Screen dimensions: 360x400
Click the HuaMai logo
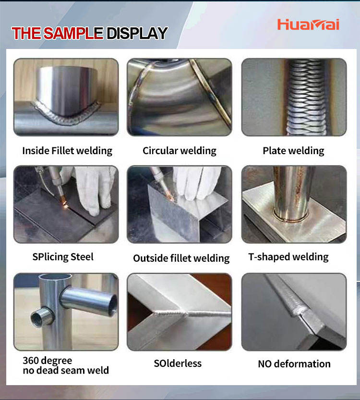(308, 24)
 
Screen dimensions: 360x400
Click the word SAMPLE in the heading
(73, 33)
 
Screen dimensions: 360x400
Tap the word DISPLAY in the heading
(137, 33)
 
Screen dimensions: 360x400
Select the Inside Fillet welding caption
(67, 150)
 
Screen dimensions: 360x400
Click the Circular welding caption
(180, 150)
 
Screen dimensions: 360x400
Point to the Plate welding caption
(293, 150)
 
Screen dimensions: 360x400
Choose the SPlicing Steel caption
(63, 256)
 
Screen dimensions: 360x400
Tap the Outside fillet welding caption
(181, 258)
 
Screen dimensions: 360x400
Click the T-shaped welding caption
(288, 256)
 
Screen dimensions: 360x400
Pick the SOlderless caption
(178, 363)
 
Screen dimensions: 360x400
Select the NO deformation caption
(294, 364)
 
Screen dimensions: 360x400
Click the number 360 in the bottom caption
(31, 361)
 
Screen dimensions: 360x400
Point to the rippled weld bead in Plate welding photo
(306, 97)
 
